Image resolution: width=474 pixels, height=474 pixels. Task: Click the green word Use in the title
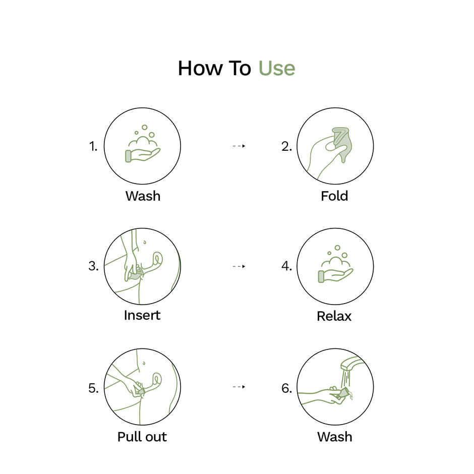277,68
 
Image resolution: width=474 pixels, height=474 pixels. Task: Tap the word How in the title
200,68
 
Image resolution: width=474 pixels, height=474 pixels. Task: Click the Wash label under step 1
143,196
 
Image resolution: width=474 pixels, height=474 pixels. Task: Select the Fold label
334,196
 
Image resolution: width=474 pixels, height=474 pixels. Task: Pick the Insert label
142,315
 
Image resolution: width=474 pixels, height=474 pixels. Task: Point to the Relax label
334,316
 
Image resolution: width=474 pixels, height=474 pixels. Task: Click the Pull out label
142,437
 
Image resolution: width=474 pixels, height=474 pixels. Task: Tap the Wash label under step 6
335,437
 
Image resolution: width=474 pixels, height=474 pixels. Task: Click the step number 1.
93,146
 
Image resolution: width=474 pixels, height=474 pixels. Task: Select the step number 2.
286,146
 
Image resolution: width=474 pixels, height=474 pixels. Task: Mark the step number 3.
93,266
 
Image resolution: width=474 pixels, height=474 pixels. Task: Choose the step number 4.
286,266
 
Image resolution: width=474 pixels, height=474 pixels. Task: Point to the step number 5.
93,388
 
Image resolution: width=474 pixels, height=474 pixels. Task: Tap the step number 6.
286,388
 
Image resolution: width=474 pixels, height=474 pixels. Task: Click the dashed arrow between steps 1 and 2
239,146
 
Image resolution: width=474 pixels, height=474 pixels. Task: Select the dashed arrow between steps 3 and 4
239,266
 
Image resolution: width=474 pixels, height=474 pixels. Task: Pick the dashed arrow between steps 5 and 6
239,387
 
